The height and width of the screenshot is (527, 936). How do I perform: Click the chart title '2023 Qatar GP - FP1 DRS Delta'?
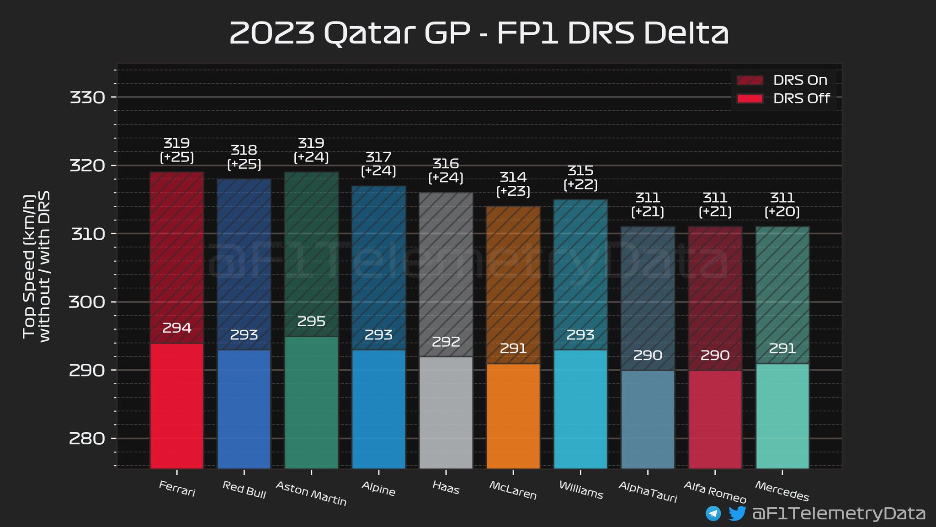tap(478, 33)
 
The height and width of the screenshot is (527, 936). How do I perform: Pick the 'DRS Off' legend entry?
tap(783, 98)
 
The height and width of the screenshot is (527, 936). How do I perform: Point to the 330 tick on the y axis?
tap(87, 97)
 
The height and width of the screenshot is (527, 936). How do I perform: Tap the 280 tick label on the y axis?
tap(87, 439)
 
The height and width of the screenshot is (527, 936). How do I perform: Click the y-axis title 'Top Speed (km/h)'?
tap(29, 266)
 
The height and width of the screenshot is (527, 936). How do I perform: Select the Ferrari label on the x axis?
tap(177, 489)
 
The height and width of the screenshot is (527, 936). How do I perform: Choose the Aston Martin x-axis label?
tap(311, 494)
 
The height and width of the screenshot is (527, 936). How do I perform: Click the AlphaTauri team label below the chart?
tap(648, 492)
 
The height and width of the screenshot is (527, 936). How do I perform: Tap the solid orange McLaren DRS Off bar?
tap(513, 416)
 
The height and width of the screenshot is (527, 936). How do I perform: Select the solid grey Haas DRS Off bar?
tap(446, 413)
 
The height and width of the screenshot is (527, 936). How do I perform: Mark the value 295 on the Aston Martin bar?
tap(311, 322)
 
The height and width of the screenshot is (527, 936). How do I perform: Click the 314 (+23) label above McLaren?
tap(513, 184)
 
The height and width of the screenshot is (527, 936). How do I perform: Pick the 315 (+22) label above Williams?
tap(580, 177)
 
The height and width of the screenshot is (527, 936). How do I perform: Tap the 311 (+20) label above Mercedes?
tap(782, 204)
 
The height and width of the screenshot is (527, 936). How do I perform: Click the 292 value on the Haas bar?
tap(446, 342)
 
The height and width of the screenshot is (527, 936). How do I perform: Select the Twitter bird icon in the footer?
tap(737, 513)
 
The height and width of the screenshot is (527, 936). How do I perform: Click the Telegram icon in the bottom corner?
tap(713, 513)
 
